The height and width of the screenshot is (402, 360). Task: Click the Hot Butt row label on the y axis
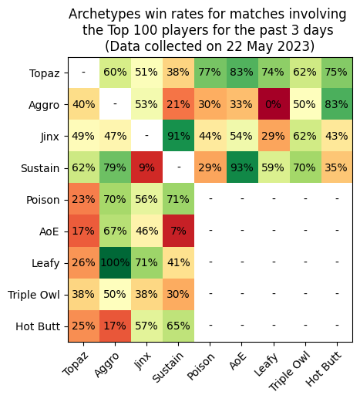[37, 326]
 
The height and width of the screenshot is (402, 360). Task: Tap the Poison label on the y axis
[43, 200]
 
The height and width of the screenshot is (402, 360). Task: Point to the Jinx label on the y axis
[48, 137]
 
